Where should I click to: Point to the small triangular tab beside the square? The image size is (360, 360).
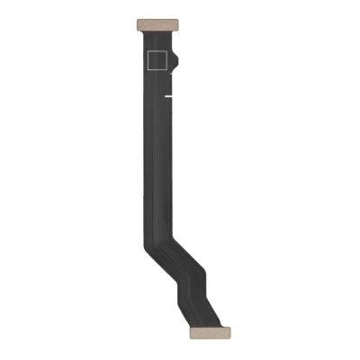175,62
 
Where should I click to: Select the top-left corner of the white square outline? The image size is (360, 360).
147,51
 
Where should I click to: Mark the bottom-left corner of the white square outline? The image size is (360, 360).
147,70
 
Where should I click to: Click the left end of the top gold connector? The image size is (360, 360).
137,21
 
